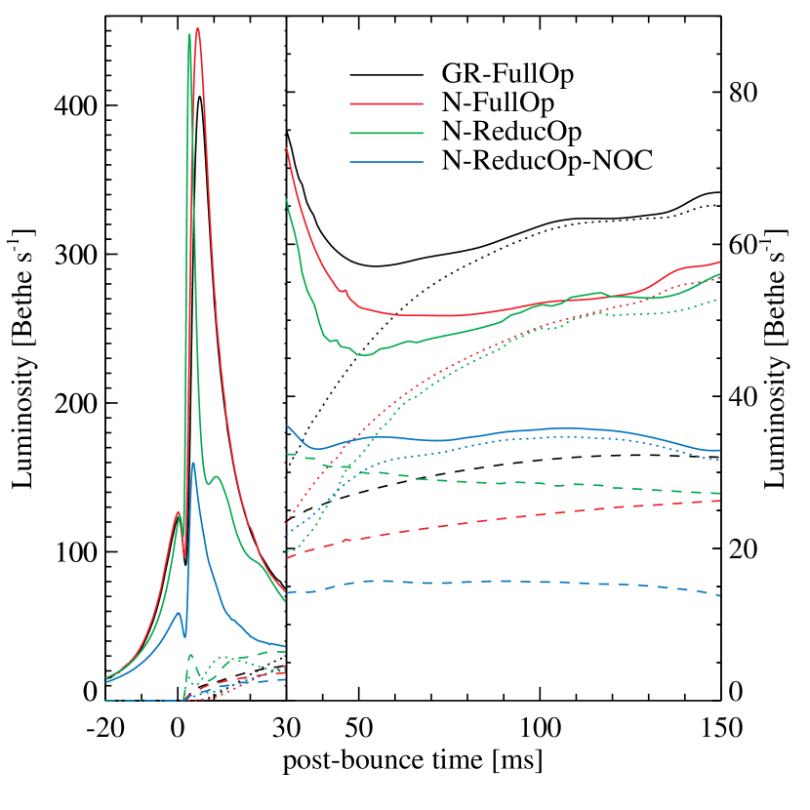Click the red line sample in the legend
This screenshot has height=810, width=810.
(x=386, y=103)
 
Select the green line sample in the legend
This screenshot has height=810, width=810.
(x=386, y=133)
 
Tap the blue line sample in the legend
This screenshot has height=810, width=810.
(x=386, y=162)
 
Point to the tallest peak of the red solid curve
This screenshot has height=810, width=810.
(x=198, y=28)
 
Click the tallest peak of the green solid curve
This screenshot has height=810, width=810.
(x=189, y=35)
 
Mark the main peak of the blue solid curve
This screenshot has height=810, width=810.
(x=193, y=463)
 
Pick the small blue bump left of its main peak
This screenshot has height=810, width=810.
(x=178, y=613)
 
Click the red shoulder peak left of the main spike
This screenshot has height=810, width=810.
(x=178, y=512)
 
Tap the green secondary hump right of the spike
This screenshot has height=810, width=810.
(x=218, y=477)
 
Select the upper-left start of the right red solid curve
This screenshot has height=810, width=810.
(x=286, y=148)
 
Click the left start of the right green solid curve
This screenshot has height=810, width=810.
(x=286, y=199)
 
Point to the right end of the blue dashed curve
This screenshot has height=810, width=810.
(x=720, y=595)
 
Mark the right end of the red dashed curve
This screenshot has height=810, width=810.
(x=720, y=501)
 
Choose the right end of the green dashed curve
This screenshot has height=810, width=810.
(x=720, y=493)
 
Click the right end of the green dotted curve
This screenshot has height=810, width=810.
(x=720, y=299)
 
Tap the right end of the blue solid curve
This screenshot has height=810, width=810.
(x=720, y=450)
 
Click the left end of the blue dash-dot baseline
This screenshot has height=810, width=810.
(x=105, y=701)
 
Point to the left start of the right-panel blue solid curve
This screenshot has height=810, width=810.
(x=287, y=425)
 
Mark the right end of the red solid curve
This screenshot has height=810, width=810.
(x=720, y=262)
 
